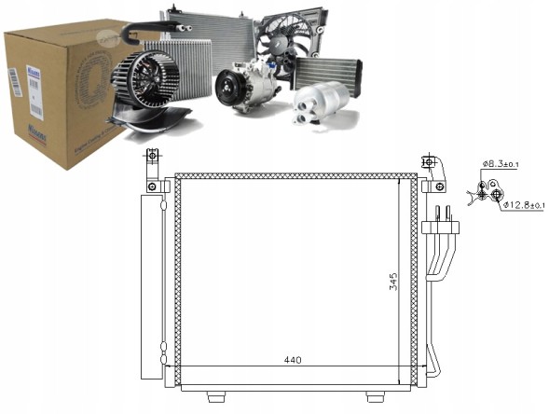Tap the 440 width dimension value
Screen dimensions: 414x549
(x=292, y=360)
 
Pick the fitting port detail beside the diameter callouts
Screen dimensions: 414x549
(x=486, y=191)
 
